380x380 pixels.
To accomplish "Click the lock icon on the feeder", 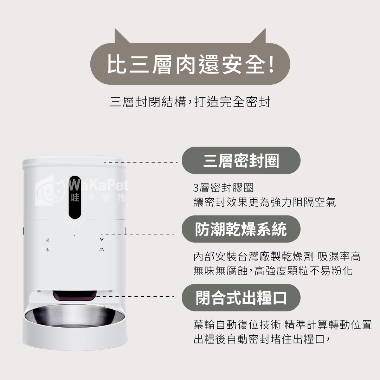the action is [47, 240].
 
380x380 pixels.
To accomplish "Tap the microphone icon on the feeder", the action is [47, 250].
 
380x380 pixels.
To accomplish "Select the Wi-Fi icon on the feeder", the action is [102, 239].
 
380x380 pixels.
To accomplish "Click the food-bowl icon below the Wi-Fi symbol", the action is [102, 249].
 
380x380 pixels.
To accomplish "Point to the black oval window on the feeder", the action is [75, 198].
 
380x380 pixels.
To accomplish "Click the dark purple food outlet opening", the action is [75, 295].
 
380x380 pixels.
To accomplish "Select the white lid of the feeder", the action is [74, 162].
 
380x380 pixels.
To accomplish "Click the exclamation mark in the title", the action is [271, 64].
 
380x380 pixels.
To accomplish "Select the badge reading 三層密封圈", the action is [241, 160].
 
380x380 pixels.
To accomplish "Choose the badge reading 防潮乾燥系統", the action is [241, 229].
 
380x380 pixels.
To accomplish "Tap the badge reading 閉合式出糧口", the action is [241, 298].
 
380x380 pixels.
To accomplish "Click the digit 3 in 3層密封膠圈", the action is [196, 188].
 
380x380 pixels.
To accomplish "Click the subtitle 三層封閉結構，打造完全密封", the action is [190, 102].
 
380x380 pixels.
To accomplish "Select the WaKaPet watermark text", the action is [98, 185].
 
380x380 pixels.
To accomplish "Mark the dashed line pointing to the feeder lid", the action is [141, 163].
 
